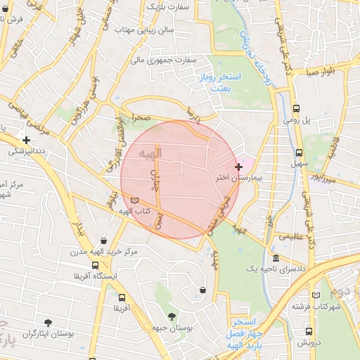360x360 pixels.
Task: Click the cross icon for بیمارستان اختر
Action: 239,167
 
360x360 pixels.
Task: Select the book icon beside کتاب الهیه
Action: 135,200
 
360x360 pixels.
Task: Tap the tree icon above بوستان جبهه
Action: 172,316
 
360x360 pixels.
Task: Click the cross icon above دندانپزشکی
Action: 26,140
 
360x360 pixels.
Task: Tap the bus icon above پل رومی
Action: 297,109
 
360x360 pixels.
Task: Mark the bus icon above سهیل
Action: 300,153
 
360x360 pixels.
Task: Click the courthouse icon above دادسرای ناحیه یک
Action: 275,258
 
